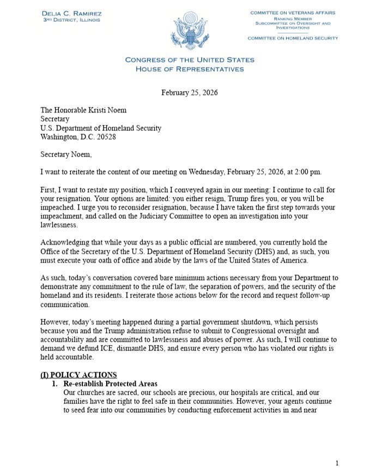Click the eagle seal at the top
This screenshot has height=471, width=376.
click(x=189, y=31)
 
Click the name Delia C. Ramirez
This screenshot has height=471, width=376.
click(x=71, y=13)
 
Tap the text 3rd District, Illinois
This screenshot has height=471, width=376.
click(x=71, y=20)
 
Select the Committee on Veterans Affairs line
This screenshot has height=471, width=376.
click(x=293, y=13)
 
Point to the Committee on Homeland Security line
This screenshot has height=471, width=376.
click(x=293, y=38)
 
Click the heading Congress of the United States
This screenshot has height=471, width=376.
click(x=189, y=60)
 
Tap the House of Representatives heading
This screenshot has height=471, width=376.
click(x=189, y=69)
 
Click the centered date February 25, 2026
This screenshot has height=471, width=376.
click(x=189, y=92)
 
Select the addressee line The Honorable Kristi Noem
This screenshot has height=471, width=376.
click(x=83, y=110)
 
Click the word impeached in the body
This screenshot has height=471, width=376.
click(x=58, y=207)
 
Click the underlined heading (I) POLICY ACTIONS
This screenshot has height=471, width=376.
click(x=78, y=374)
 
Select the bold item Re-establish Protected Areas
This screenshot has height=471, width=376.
click(x=111, y=384)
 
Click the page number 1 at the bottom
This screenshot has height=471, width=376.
click(x=336, y=463)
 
